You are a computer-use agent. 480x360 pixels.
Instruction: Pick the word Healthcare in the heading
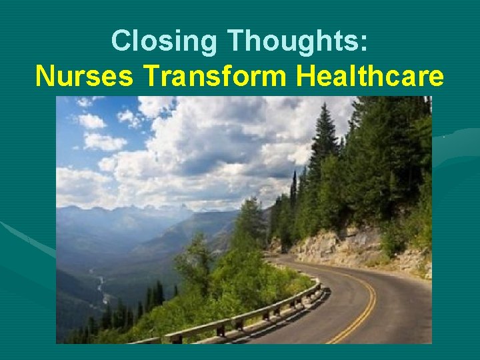coord(369,76)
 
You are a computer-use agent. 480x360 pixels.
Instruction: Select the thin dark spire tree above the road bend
coord(293,193)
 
